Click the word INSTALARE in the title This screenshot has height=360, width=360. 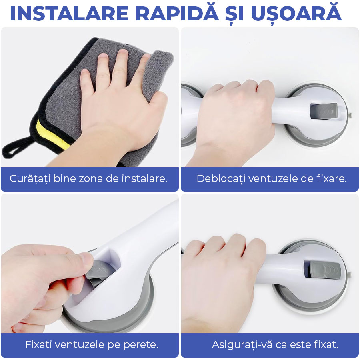(x=69, y=14)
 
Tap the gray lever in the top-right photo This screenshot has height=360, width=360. (x=324, y=111)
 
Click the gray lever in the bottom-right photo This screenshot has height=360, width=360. (x=322, y=269)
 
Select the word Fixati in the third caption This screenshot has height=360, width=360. (x=38, y=344)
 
